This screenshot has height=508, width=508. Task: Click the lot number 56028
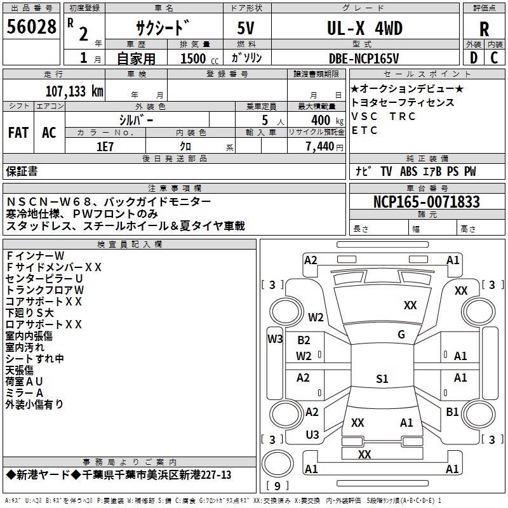point(31,26)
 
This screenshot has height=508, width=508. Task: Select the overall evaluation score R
point(484,29)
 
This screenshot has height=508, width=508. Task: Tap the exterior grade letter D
point(473,57)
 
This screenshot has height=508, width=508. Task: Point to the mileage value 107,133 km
point(74,91)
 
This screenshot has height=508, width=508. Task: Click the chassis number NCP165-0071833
point(426,203)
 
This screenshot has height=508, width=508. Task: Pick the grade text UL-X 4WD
point(364,29)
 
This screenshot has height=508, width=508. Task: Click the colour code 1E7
point(105,146)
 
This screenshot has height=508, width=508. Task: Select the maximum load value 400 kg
point(323,120)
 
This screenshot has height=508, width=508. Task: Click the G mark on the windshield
point(401,335)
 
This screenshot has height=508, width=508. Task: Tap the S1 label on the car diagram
point(382,379)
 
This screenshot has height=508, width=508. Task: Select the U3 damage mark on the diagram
point(312,434)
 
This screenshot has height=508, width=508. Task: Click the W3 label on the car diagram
point(275,339)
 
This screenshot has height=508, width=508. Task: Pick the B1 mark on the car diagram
point(452,412)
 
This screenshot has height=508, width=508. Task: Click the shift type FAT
point(18,132)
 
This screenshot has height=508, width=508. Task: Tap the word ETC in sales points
point(364,131)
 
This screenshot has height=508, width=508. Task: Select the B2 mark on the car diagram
point(304,340)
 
